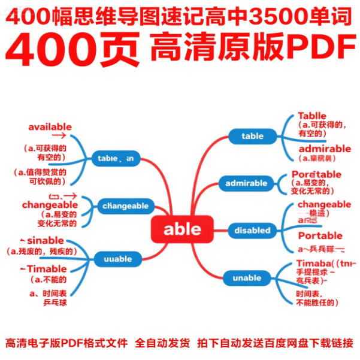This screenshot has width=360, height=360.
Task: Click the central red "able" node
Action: (x=183, y=229)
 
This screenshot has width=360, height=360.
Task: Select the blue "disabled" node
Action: (x=252, y=231)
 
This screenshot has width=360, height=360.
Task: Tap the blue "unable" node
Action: (x=247, y=278)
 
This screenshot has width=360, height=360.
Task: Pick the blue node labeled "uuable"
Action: (x=117, y=259)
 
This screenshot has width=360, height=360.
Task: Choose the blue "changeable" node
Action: (x=125, y=206)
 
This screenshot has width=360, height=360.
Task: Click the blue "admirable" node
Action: (x=246, y=183)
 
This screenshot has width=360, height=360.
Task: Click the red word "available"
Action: (x=50, y=127)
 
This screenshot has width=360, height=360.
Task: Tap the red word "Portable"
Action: (x=320, y=235)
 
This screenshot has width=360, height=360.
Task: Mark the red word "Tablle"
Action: (x=311, y=116)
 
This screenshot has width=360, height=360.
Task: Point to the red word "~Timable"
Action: (x=47, y=268)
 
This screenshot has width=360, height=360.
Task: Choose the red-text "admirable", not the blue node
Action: (x=324, y=149)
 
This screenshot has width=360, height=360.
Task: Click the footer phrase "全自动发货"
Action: (x=163, y=343)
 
